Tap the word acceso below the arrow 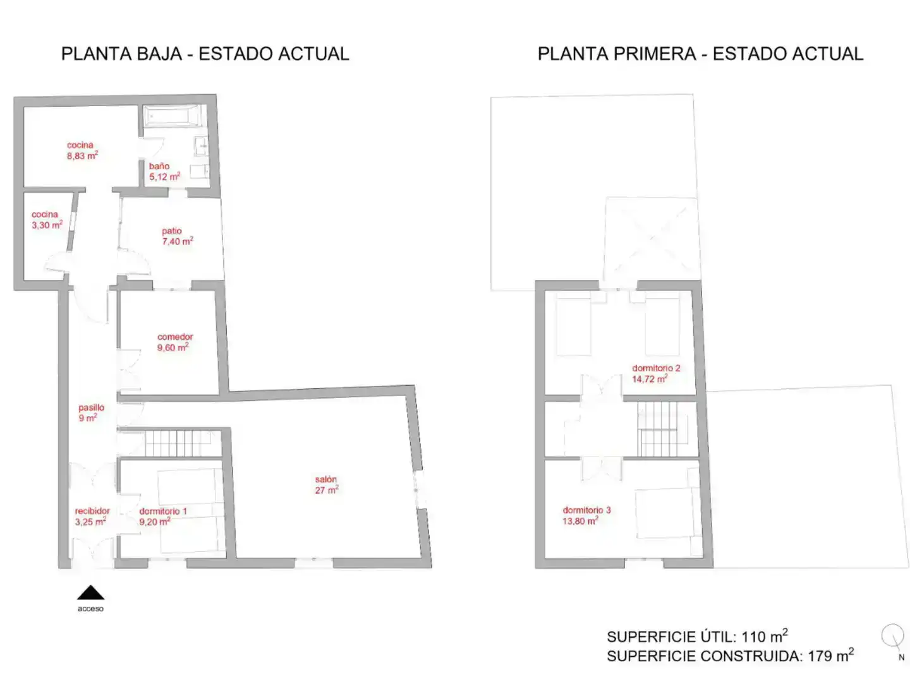[x=90, y=608]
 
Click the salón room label [x=326, y=484]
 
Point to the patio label [x=178, y=236]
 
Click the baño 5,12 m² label [x=164, y=171]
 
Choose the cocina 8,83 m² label [x=82, y=150]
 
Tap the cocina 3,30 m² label [x=47, y=220]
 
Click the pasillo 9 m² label [x=91, y=412]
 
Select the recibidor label [x=92, y=516]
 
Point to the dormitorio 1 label [x=163, y=516]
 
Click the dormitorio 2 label [x=655, y=373]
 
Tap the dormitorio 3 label [x=586, y=515]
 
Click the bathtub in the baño [x=172, y=116]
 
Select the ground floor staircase [x=183, y=443]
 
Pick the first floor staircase [x=657, y=429]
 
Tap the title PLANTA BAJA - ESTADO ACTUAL [x=205, y=54]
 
